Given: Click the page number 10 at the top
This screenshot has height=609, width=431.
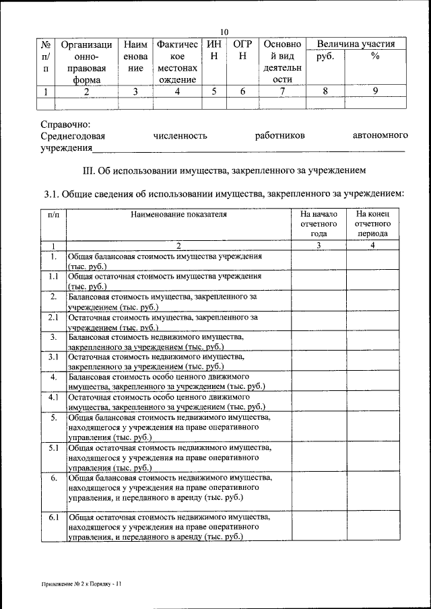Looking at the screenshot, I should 225,32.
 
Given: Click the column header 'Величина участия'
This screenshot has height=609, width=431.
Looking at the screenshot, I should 356,44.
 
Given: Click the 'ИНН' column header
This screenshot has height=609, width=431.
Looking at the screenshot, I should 213,50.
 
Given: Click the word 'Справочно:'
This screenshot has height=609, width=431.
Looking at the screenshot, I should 65,124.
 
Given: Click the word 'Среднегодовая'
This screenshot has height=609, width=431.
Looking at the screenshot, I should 73,136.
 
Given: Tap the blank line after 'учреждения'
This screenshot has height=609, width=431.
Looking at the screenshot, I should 249,149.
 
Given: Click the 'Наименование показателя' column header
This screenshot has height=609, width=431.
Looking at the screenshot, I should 178,215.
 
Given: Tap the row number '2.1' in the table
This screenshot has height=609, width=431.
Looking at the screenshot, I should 53,316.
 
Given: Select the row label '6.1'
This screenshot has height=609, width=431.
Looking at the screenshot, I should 53,517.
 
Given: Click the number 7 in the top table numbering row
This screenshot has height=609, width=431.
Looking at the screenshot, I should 283,92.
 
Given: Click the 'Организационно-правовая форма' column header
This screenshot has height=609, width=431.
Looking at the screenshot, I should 86,62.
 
